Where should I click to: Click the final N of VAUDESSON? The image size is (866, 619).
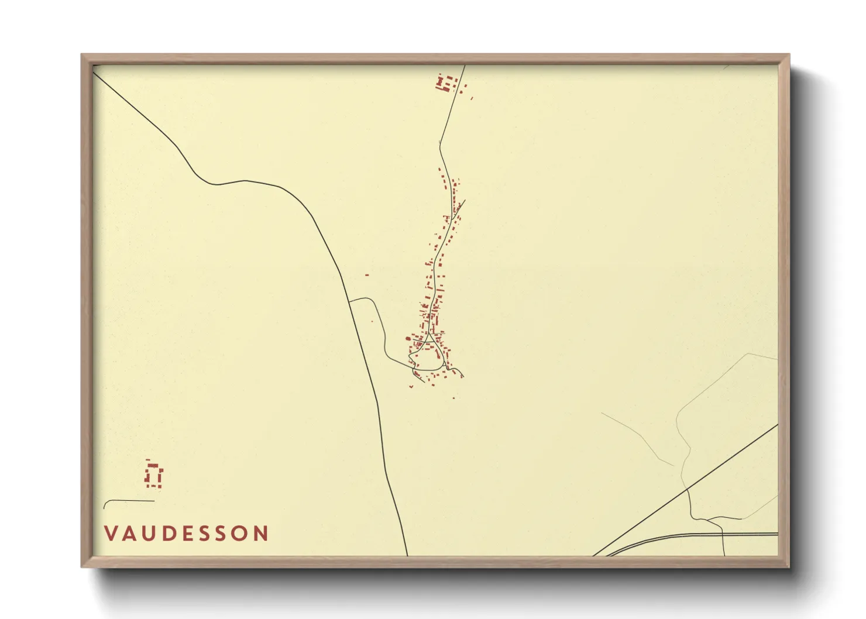click(x=260, y=534)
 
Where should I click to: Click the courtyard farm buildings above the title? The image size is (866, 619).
click(x=153, y=475)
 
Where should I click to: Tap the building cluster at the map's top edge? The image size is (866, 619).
click(x=447, y=83)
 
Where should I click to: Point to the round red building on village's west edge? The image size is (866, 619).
click(x=409, y=338)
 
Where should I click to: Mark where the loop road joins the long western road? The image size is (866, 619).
click(x=349, y=302)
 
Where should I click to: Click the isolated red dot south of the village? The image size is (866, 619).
click(x=453, y=398)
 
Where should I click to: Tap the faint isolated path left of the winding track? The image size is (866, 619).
click(x=638, y=436)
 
